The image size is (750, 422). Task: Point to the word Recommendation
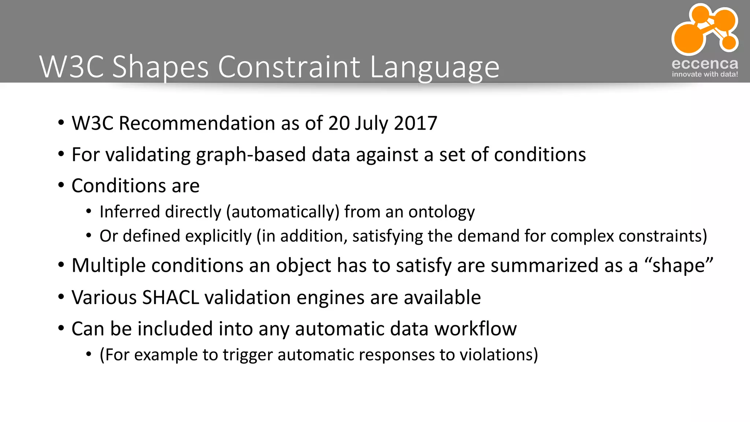(x=197, y=123)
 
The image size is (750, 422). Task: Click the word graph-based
(x=251, y=155)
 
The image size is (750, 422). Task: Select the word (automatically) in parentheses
(x=283, y=212)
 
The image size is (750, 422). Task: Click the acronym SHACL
(x=171, y=297)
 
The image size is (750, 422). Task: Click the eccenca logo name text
(x=705, y=64)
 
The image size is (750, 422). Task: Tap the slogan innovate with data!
(x=705, y=74)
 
